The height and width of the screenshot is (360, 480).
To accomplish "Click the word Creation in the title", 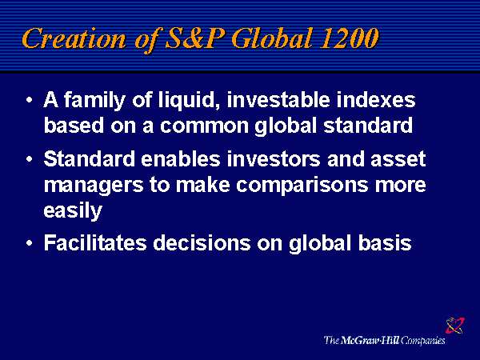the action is [74, 38].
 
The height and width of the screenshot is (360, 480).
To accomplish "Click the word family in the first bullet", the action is [94, 101].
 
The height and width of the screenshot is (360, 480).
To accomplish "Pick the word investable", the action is [278, 100].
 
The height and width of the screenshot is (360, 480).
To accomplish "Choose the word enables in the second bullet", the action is [181, 159].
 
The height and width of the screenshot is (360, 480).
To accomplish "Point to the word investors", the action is [274, 159].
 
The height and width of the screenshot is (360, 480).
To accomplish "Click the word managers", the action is [94, 186].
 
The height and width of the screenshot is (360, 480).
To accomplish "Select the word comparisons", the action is [302, 186].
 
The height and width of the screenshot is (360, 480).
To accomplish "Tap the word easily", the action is [73, 211].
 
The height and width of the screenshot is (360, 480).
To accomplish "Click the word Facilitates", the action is [95, 242].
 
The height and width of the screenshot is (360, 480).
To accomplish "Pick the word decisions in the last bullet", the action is [202, 242].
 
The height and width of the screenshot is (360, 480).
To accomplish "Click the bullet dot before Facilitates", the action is [30, 243].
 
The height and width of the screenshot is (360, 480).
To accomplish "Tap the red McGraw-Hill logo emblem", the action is [455, 325].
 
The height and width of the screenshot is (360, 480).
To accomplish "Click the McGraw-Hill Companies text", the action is [385, 341].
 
